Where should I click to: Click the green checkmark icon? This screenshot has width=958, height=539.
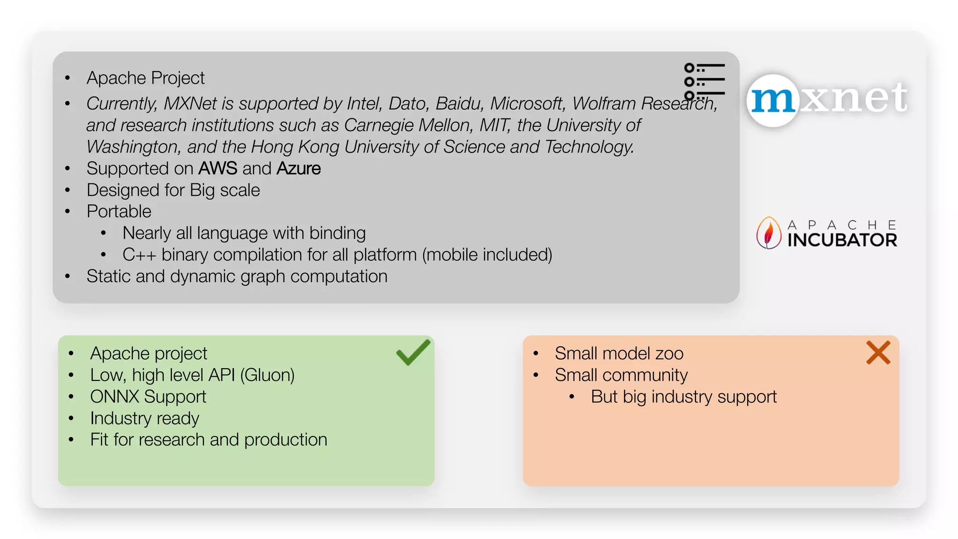[412, 353]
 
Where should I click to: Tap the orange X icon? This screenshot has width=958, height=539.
[878, 353]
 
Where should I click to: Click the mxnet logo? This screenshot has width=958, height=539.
[827, 99]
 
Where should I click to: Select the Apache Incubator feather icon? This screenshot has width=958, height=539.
[768, 233]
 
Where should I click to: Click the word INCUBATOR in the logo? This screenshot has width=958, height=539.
[842, 240]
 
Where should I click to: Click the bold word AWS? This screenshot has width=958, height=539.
[218, 168]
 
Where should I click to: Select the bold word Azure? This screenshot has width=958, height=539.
[298, 168]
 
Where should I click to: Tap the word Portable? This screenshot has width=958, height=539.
[119, 211]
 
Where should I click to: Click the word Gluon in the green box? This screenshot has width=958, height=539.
[268, 375]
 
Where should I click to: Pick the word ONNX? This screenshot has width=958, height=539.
[115, 397]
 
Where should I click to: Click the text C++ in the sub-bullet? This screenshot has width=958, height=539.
[139, 255]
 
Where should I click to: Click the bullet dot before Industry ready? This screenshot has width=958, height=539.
[71, 418]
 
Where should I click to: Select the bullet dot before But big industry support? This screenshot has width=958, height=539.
[572, 397]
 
